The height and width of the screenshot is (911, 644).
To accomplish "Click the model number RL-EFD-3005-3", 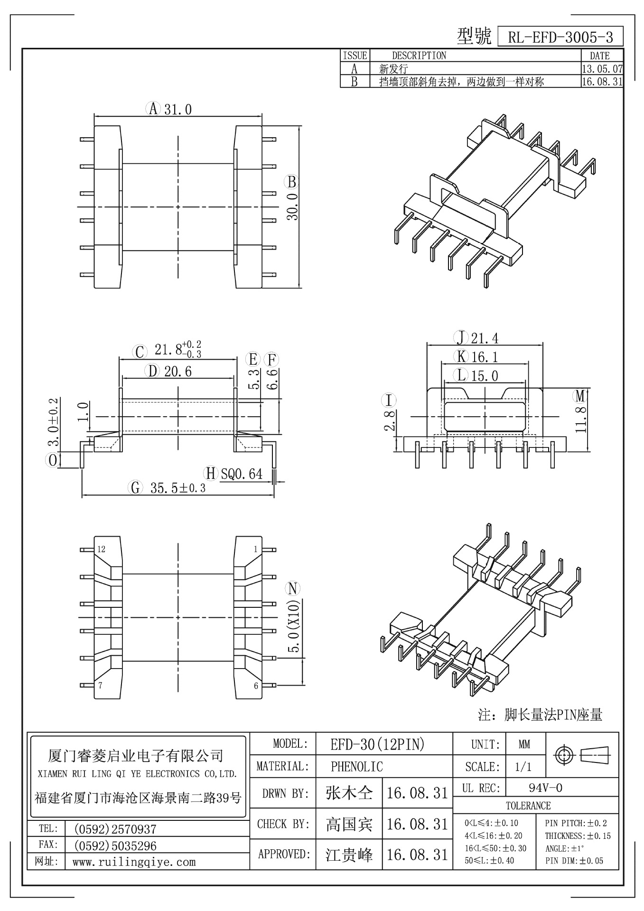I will [560, 37].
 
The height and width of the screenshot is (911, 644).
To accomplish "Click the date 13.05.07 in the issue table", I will [602, 69].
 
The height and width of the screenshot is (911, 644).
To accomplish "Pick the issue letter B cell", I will [354, 82].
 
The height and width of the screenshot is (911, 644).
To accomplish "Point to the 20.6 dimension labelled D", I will [178, 372].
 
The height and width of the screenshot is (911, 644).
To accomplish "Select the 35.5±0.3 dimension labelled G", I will [178, 488].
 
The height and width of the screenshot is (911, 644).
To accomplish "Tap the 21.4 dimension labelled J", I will [485, 338].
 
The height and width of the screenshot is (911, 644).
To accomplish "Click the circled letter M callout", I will [580, 395].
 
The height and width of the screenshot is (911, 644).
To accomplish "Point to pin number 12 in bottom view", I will [101, 549].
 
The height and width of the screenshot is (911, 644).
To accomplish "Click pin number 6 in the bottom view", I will [256, 685].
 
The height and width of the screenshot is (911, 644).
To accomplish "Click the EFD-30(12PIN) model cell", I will [377, 745].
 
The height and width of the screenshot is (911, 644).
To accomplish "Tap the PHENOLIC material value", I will [356, 766].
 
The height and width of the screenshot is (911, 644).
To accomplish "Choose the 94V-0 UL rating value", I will [545, 788].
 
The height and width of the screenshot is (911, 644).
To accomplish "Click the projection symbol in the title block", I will [582, 754].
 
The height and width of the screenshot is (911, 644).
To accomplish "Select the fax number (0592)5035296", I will [115, 846].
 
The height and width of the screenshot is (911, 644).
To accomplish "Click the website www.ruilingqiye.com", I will [134, 862].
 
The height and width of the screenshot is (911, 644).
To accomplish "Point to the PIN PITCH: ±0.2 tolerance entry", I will [576, 823].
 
